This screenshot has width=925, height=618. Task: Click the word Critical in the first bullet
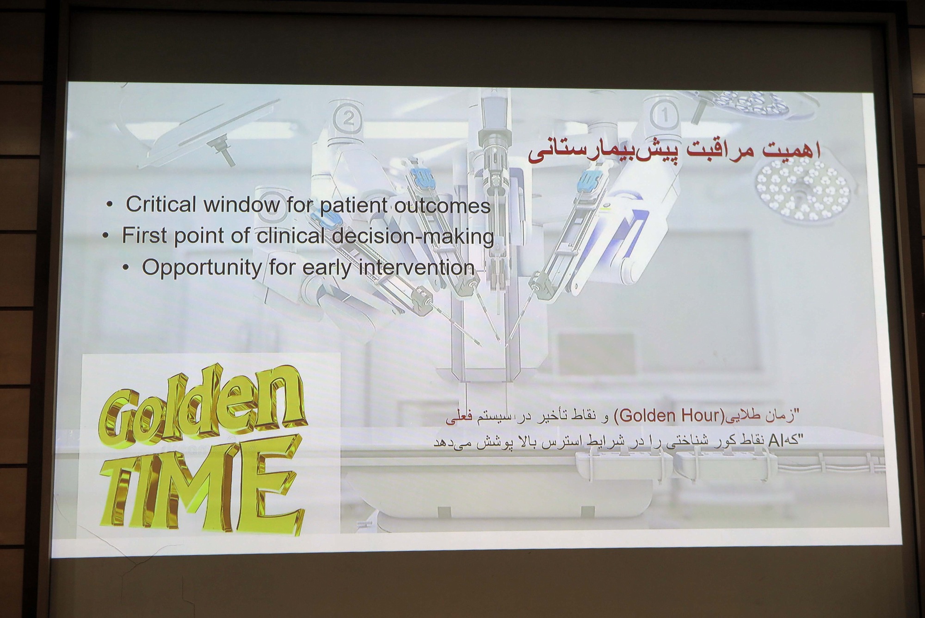161,204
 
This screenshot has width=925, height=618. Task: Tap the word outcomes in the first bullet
442,206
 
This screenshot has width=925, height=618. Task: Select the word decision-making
413,237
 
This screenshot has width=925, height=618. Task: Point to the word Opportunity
201,268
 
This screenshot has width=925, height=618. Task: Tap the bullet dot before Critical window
109,204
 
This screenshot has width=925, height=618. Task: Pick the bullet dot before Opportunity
126,268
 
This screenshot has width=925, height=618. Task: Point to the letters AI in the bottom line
776,441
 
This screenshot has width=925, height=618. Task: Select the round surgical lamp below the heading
802,190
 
